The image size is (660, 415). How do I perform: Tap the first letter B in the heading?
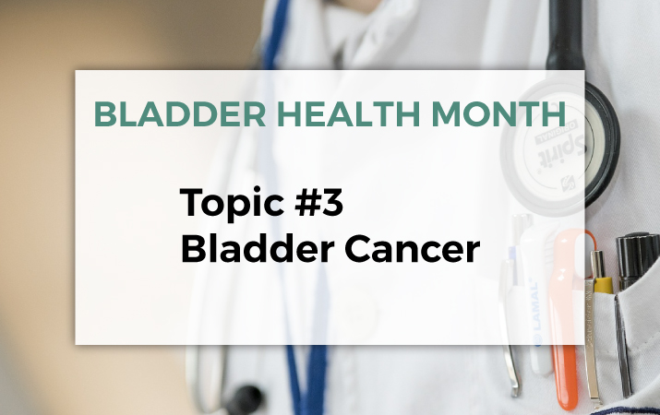click(104, 113)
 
